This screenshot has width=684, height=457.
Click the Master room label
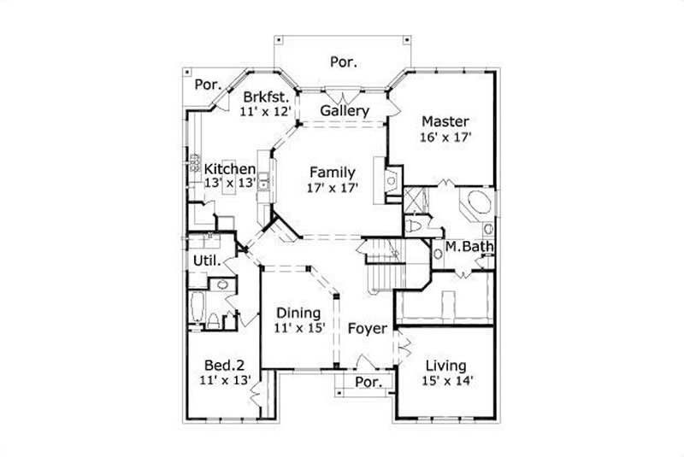(x=444, y=121)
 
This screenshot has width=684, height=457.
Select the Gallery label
(x=345, y=111)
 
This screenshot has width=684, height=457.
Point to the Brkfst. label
(x=266, y=96)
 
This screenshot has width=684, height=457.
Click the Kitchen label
(x=229, y=169)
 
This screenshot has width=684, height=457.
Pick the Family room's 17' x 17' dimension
(x=333, y=186)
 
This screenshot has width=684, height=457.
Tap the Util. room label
(x=207, y=260)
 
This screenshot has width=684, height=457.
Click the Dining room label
(x=298, y=312)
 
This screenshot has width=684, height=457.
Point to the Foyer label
(x=368, y=328)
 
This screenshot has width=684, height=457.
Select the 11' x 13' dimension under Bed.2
(x=223, y=378)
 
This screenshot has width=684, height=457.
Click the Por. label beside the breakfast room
(x=207, y=85)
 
